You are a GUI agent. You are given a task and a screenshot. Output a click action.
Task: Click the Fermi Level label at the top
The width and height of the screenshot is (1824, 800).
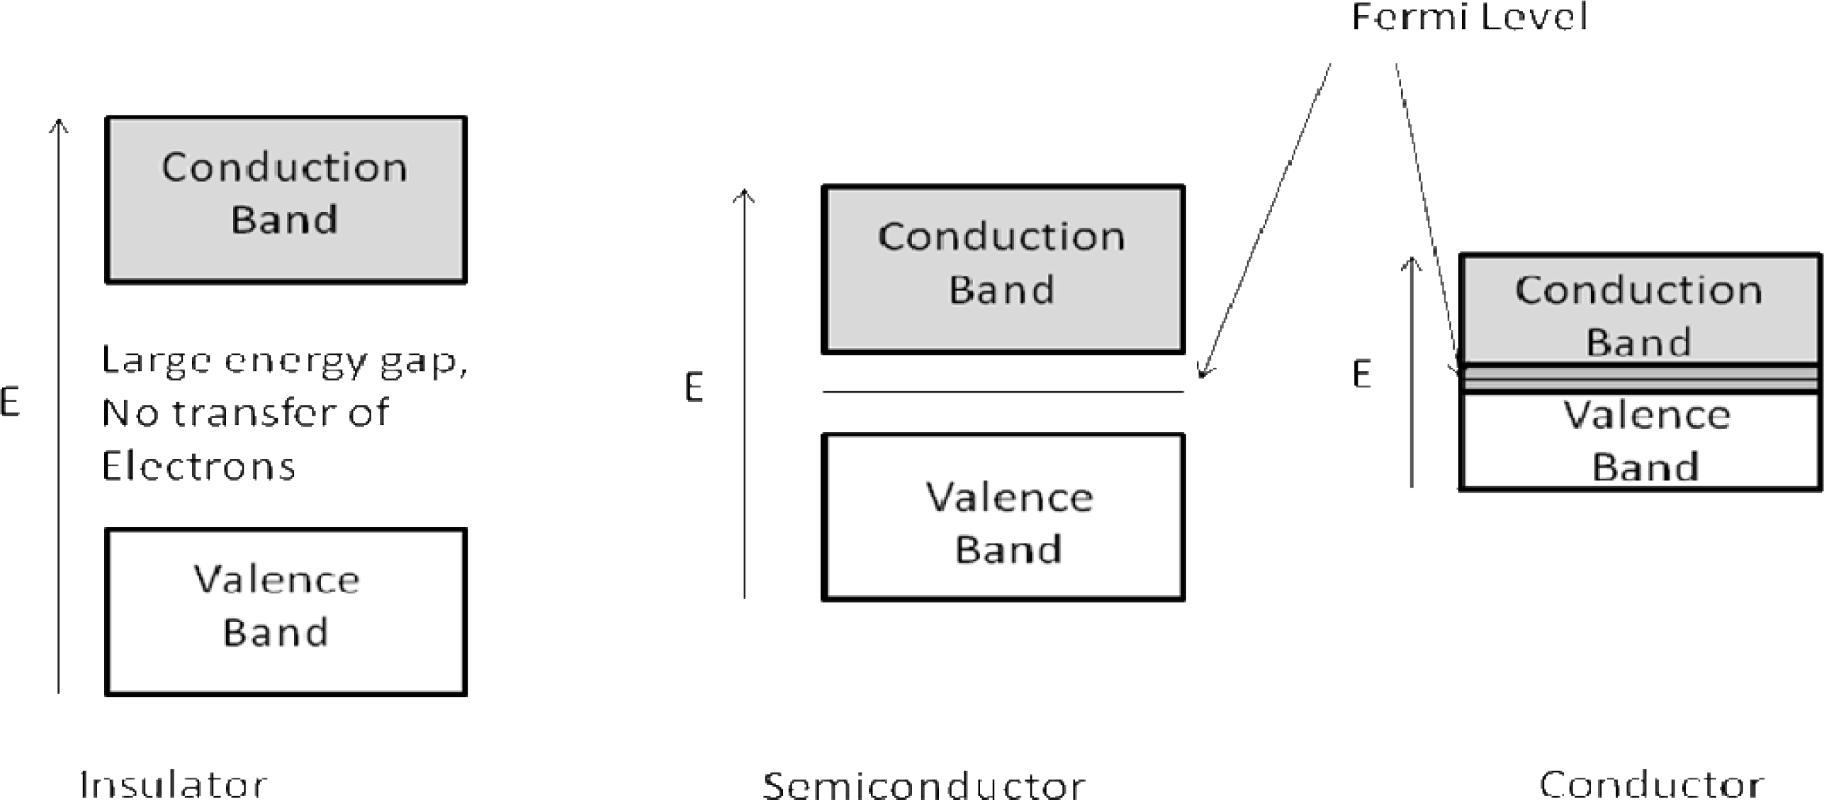(1468, 17)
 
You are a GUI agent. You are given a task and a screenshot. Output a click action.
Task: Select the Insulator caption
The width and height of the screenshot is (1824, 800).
(174, 784)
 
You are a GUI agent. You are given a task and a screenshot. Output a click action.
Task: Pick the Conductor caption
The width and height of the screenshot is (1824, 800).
(1651, 784)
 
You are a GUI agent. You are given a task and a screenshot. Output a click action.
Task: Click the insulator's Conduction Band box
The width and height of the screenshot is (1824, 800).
(286, 200)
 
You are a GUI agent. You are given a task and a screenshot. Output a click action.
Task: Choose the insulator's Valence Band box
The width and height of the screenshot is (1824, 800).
(286, 612)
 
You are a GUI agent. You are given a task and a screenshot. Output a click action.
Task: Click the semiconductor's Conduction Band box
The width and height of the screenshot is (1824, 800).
(1003, 269)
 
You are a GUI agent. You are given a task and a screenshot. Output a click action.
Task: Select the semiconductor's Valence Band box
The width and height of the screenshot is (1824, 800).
(1003, 517)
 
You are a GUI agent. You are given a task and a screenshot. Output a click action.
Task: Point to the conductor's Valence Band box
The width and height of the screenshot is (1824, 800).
(1639, 441)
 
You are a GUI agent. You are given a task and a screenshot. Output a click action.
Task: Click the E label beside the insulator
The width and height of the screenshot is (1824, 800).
(10, 402)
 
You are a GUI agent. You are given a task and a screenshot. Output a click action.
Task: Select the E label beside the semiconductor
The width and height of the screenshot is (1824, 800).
(694, 388)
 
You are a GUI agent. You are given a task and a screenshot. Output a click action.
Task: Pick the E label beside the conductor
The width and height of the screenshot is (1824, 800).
(1361, 374)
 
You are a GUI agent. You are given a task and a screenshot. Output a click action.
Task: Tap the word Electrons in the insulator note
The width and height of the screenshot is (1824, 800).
(198, 466)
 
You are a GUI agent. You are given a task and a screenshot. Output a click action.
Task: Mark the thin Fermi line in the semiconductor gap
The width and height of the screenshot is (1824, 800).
(1003, 391)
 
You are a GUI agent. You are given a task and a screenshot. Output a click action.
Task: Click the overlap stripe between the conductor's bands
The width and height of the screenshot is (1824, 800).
(1639, 378)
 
